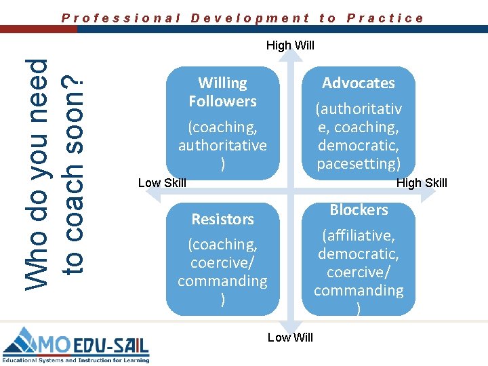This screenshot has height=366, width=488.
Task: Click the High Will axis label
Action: pyautogui.click(x=290, y=45)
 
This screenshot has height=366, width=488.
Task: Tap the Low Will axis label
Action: pyautogui.click(x=290, y=337)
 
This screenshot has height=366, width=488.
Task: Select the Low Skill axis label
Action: pyautogui.click(x=162, y=182)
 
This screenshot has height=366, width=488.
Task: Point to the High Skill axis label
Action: pyautogui.click(x=422, y=182)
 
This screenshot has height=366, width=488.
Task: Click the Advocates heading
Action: pyautogui.click(x=358, y=83)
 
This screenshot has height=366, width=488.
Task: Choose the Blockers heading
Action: pyautogui.click(x=359, y=209)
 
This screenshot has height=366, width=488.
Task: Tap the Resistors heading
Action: pyautogui.click(x=222, y=219)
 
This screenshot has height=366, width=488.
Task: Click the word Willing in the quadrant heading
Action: pyautogui.click(x=222, y=83)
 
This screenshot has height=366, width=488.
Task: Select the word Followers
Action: pyautogui.click(x=222, y=101)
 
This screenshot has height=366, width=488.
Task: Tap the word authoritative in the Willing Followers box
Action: pyautogui.click(x=222, y=145)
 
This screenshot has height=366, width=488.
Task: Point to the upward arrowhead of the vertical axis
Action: pyautogui.click(x=290, y=58)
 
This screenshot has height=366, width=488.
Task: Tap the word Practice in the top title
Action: pyautogui.click(x=385, y=18)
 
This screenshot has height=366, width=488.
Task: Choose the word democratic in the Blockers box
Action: pyautogui.click(x=358, y=253)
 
